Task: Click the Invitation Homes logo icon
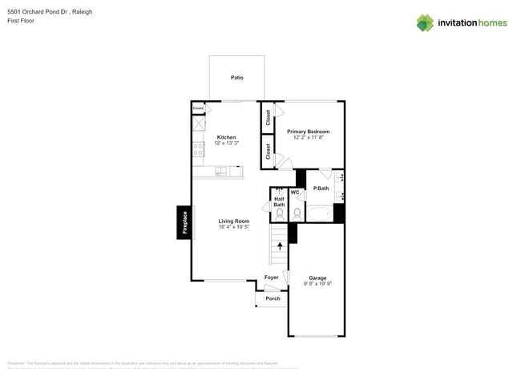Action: point(425,23)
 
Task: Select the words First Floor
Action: point(21,21)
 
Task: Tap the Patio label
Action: point(236,78)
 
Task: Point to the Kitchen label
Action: point(227,137)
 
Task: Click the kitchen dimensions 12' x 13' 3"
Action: point(227,144)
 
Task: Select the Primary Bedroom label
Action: point(308,132)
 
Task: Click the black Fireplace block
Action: point(184,222)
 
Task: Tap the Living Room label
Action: point(234,221)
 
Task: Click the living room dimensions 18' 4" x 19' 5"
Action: point(234,227)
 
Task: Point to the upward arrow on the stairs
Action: point(280,246)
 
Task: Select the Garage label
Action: point(317,278)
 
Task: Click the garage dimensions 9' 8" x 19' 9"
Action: point(317,284)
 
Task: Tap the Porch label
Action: point(273,298)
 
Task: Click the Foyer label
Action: point(272,278)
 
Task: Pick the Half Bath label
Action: point(279,201)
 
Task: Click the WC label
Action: point(295,193)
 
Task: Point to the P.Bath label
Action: point(321,189)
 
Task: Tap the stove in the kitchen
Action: point(198,149)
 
